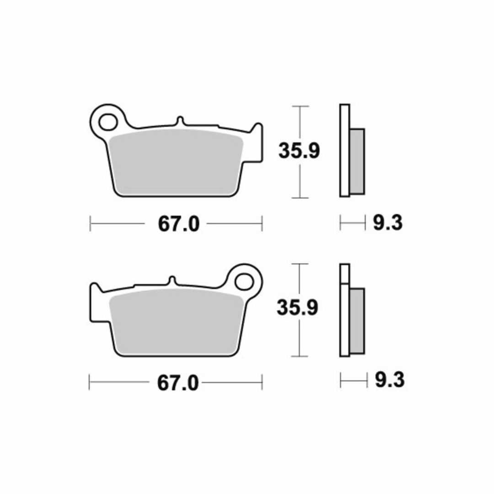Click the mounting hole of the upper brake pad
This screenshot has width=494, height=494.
pyautogui.click(x=108, y=122)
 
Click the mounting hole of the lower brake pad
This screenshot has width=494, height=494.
pyautogui.click(x=244, y=282)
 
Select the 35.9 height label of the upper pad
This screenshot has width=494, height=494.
pyautogui.click(x=299, y=151)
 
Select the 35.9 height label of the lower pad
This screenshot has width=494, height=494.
pyautogui.click(x=297, y=307)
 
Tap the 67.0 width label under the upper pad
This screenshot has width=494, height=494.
pyautogui.click(x=179, y=224)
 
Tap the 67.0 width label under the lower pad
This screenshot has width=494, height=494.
pyautogui.click(x=178, y=383)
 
